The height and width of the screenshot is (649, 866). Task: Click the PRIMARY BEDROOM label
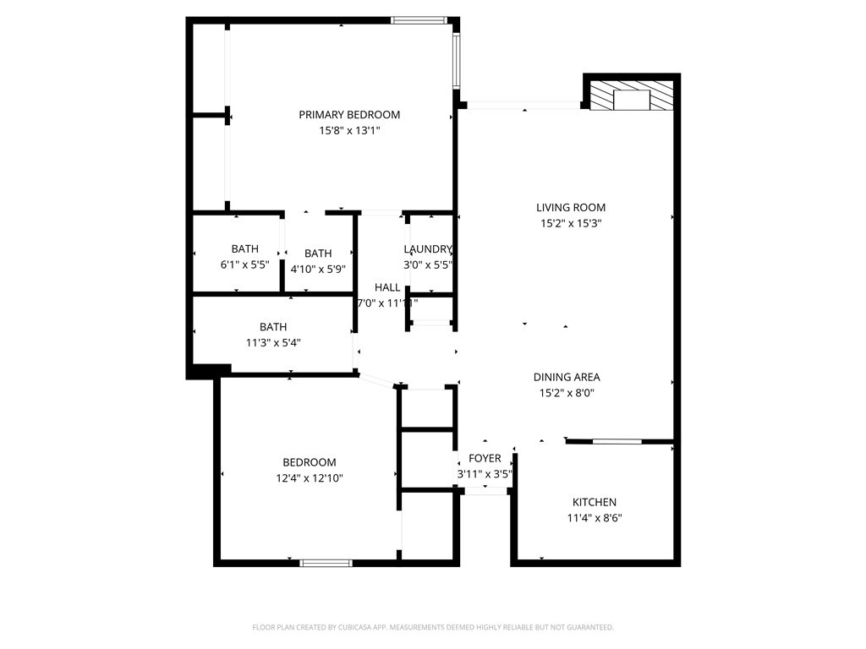tap(349, 115)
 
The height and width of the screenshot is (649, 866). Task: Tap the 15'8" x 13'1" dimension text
tap(349, 131)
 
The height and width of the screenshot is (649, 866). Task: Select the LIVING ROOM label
tap(571, 208)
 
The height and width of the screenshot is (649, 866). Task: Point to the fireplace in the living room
tap(632, 97)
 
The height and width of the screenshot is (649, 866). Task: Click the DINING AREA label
tap(567, 378)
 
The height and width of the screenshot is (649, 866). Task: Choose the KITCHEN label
tap(595, 503)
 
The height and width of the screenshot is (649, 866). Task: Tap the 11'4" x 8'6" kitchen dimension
tap(595, 519)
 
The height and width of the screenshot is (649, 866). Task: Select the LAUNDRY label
tap(428, 249)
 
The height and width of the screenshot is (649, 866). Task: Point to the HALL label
tap(387, 288)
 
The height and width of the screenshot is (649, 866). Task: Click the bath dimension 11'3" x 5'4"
tap(273, 343)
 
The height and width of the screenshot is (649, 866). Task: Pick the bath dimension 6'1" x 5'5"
tap(245, 265)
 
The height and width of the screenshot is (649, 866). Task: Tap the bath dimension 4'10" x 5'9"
tap(318, 270)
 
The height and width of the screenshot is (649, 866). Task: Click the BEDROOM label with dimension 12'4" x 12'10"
tap(309, 462)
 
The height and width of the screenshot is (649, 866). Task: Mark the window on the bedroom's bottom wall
tap(326, 562)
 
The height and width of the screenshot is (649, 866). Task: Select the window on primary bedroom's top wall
tap(418, 20)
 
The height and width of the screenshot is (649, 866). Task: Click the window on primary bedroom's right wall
tap(457, 61)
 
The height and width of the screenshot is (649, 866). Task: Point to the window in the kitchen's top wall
tap(617, 441)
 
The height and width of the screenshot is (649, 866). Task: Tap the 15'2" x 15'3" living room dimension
tap(571, 224)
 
